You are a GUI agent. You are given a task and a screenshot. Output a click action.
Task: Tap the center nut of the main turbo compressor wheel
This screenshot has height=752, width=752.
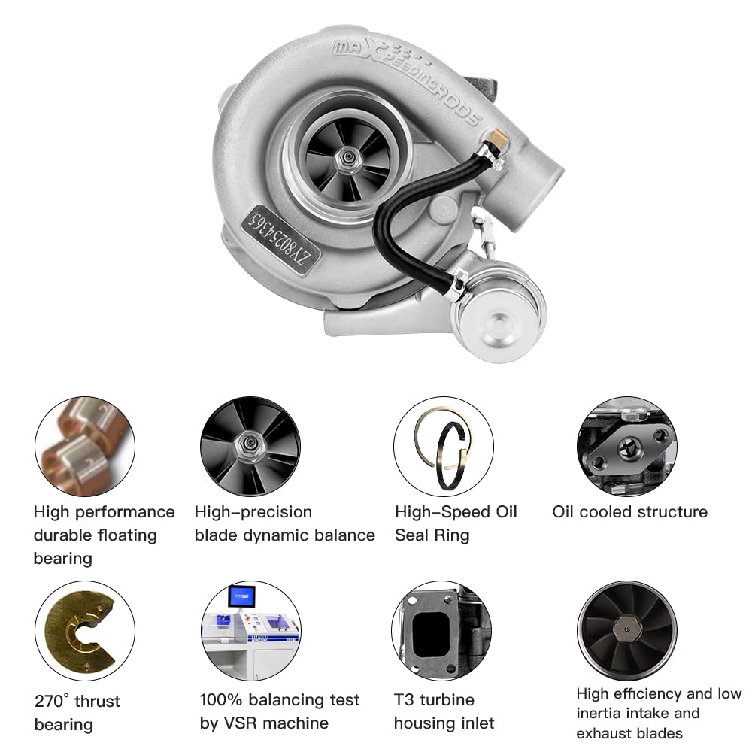tap(349, 154)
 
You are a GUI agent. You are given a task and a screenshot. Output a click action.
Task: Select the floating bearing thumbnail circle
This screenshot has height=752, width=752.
tap(84, 446)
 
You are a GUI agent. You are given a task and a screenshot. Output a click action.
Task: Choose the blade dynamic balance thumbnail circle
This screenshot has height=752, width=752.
tap(250, 446)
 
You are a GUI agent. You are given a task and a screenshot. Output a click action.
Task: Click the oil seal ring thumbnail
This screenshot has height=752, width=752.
tap(443, 446)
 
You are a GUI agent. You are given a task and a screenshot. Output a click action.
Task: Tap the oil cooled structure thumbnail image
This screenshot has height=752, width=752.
tap(626, 446)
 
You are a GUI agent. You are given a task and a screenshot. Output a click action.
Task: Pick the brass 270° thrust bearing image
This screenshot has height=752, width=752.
tap(84, 630)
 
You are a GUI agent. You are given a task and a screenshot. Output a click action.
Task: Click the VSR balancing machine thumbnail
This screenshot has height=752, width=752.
tap(250, 630)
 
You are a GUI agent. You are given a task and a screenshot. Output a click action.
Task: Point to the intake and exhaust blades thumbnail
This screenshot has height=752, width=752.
tap(626, 630)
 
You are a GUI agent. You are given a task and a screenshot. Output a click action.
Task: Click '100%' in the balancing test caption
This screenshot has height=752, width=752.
tap(220, 700)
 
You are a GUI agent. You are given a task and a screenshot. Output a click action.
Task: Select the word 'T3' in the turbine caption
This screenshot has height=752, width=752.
tap(405, 700)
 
